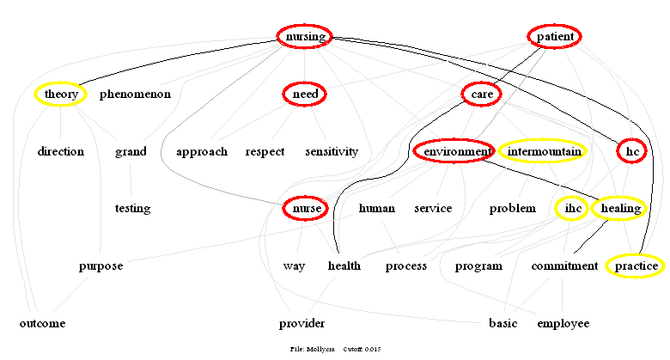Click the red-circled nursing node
pos(305,36)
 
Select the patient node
pos(555,37)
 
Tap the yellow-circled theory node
pos(61,94)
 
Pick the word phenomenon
pos(135,94)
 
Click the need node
pos(305,94)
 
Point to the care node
pos(481,94)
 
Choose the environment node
pos(454,152)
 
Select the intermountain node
pos(544,152)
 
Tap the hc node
pos(633,152)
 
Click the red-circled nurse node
pos(305,208)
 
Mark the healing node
pos(620,208)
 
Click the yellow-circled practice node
pos(636,266)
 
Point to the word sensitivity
pos(332,152)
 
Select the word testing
pos(132,208)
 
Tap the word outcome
pos(42,324)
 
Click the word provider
pos(301,324)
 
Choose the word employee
pos(563,324)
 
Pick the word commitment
pos(563,266)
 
